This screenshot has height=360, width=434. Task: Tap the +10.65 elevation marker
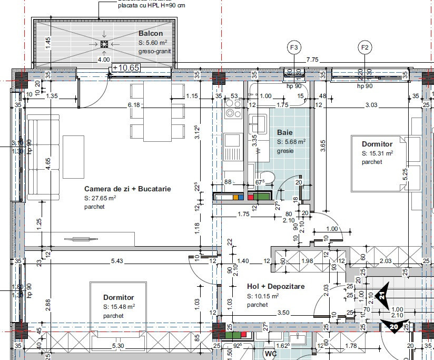coord(125,68)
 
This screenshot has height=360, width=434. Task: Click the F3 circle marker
coord(295,47)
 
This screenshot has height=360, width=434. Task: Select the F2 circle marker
coord(364,47)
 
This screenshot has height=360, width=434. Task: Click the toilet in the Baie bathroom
coord(268,178)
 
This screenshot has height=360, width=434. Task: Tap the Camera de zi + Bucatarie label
coord(127,189)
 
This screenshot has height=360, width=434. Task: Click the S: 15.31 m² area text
coord(377,153)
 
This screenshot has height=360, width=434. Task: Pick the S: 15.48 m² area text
coord(119,306)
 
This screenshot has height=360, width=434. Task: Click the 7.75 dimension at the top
coord(313,60)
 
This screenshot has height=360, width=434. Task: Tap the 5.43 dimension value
coord(117,261)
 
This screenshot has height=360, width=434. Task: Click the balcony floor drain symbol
coord(104,44)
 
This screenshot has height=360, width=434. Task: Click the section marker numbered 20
coord(394,327)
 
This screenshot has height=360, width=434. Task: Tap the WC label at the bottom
coord(271,353)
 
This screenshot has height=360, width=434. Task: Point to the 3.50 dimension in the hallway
coord(283,313)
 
